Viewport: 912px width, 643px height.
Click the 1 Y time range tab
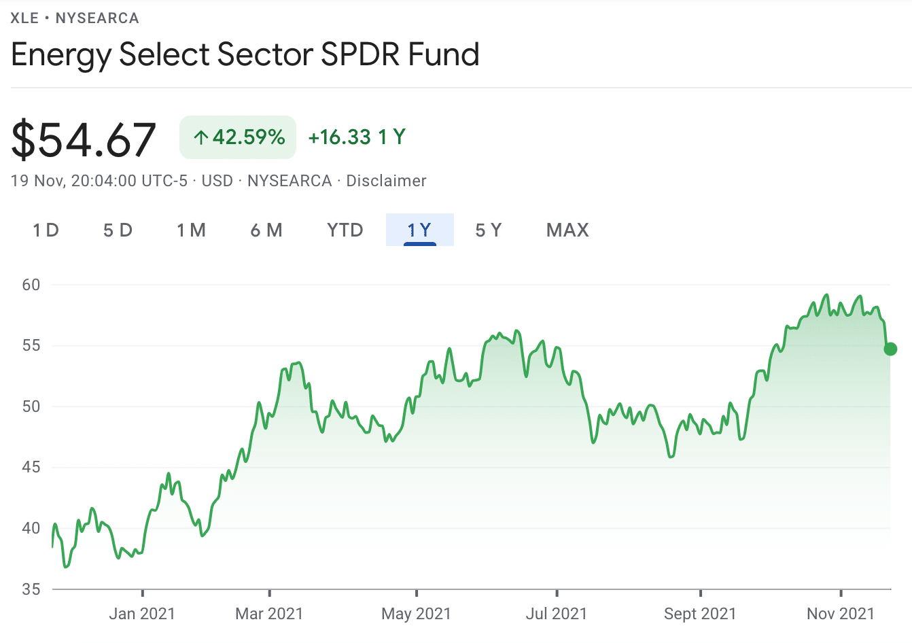419,230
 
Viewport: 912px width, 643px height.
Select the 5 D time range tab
118,230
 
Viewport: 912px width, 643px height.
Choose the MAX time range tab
567,230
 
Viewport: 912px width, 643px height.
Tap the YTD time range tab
345,230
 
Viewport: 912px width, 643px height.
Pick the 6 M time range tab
266,230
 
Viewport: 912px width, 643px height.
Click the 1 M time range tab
192,230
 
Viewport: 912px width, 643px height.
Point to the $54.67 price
84,139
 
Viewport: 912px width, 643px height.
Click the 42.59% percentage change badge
238,137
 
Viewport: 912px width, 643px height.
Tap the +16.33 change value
339,137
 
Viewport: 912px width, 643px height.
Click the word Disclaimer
386,181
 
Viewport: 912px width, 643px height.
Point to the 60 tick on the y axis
31,285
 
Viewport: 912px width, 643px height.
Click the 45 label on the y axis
31,467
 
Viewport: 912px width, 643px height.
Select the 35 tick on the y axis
31,589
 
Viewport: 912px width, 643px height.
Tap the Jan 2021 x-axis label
142,614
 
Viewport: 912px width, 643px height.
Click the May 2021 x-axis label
416,614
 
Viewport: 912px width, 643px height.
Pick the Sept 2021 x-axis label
700,614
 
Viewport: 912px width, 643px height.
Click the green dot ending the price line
890,349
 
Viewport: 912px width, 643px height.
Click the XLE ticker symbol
24,18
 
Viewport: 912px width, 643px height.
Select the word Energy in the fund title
60,55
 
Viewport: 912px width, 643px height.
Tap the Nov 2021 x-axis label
841,614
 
